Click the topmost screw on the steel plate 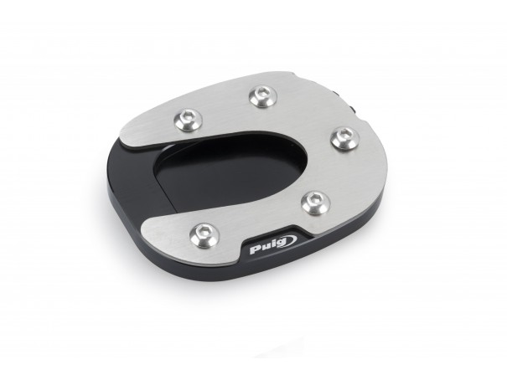coord(263,96)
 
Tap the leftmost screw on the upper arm coord(188,120)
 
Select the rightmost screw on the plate coord(345,138)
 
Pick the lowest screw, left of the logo coord(204,234)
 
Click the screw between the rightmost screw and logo coord(316,203)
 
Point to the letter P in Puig coord(255,250)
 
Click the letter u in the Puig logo coord(265,247)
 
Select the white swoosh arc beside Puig coord(292,239)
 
